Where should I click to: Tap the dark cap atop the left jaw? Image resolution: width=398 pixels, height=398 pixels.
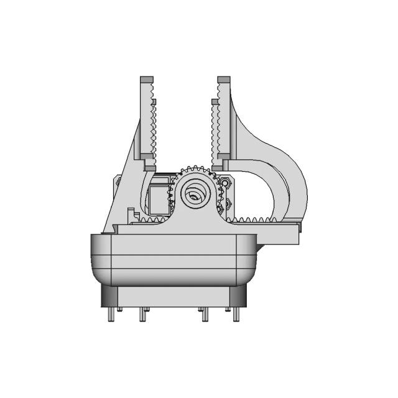[146, 79]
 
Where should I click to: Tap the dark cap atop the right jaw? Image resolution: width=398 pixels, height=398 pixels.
[224, 79]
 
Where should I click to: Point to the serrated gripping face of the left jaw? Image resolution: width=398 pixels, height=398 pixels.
[154, 127]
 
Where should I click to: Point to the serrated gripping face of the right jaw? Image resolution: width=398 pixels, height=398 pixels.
[215, 131]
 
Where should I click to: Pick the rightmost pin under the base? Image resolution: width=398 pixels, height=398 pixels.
[236, 315]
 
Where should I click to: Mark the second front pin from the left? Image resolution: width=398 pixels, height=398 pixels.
[142, 316]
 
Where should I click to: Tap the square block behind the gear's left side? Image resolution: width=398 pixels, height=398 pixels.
[159, 196]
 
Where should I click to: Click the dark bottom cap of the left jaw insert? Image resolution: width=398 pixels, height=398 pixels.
[150, 167]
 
